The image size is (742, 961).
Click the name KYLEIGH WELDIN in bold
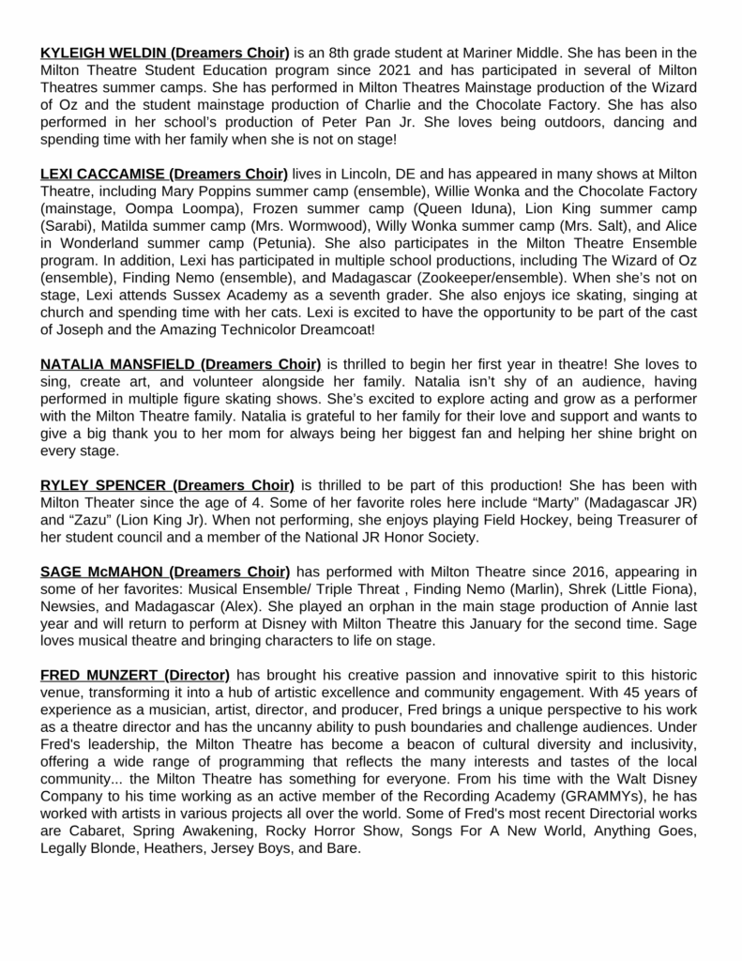coord(104,53)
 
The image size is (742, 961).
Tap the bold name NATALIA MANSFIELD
coord(117,363)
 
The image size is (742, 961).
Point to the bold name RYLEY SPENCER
coord(103,485)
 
